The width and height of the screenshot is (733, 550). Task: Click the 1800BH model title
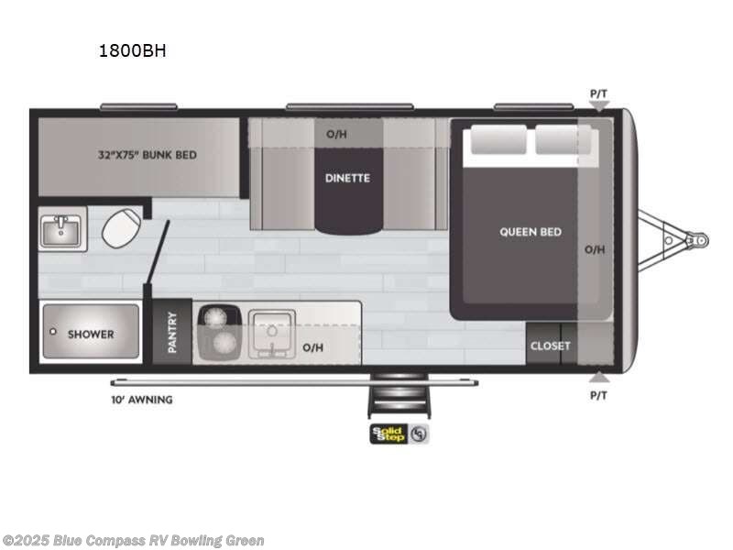132,51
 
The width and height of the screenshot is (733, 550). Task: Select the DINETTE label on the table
347,178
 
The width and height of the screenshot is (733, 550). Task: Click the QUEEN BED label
531,232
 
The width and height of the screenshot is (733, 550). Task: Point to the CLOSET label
550,346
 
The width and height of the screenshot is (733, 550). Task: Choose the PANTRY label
172,332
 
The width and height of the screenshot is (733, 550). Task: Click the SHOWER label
91,334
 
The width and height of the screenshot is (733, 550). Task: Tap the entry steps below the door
398,400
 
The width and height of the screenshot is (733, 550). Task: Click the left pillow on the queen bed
498,141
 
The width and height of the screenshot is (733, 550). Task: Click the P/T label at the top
598,93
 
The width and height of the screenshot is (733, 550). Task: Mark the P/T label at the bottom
598,395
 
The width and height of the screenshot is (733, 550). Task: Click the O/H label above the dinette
337,134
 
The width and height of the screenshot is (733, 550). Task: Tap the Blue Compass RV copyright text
134,541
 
